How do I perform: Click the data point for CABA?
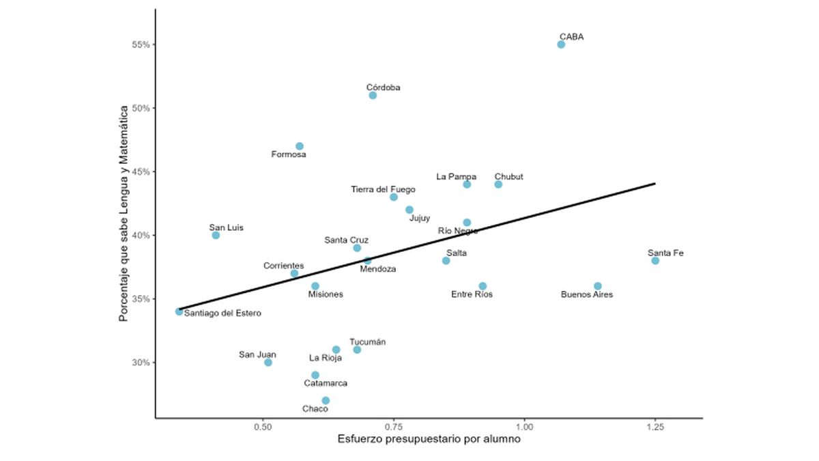[561, 44]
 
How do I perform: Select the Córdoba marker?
[373, 95]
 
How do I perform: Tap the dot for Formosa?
[300, 146]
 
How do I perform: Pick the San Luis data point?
[216, 235]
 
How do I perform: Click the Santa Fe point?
[655, 260]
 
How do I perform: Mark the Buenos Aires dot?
[598, 286]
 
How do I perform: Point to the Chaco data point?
[326, 400]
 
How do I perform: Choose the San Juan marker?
[268, 362]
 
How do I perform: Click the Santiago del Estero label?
[222, 313]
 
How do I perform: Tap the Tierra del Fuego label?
[383, 189]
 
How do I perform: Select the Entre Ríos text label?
[472, 294]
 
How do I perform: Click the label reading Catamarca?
[326, 383]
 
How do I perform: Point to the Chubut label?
[508, 177]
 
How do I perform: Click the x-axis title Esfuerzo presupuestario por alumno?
[429, 440]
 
